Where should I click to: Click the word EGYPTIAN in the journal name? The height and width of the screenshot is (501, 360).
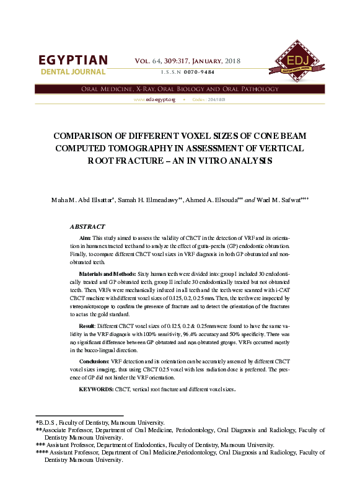(73, 61)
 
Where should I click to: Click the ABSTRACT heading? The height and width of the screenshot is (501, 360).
(87, 227)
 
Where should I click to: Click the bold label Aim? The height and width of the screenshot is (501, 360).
(85, 239)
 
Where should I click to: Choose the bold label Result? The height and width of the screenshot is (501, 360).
(87, 325)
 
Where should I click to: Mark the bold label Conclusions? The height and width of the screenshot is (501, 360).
(94, 360)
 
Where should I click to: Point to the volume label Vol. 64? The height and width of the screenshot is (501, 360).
(151, 61)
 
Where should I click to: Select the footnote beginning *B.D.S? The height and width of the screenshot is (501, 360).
(100, 422)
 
